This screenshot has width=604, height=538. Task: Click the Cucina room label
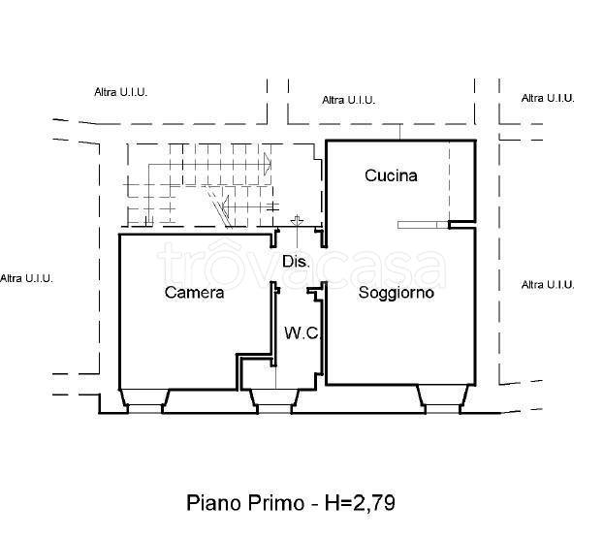pyautogui.click(x=391, y=175)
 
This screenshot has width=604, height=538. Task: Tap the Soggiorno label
pyautogui.click(x=396, y=292)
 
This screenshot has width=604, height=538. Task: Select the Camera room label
pyautogui.click(x=194, y=292)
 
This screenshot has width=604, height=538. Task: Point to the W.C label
pyautogui.click(x=300, y=332)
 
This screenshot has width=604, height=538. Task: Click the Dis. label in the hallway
pyautogui.click(x=295, y=262)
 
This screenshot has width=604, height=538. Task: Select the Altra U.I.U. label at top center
pyautogui.click(x=348, y=99)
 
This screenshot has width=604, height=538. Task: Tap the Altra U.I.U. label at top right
pyautogui.click(x=548, y=98)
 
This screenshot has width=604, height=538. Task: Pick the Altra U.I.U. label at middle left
pyautogui.click(x=27, y=278)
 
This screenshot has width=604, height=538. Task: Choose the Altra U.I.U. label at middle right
pyautogui.click(x=548, y=284)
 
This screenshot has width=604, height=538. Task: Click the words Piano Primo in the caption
pyautogui.click(x=243, y=503)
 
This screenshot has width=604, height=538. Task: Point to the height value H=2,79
pyautogui.click(x=361, y=503)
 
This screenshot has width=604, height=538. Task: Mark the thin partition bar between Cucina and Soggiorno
pyautogui.click(x=423, y=225)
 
